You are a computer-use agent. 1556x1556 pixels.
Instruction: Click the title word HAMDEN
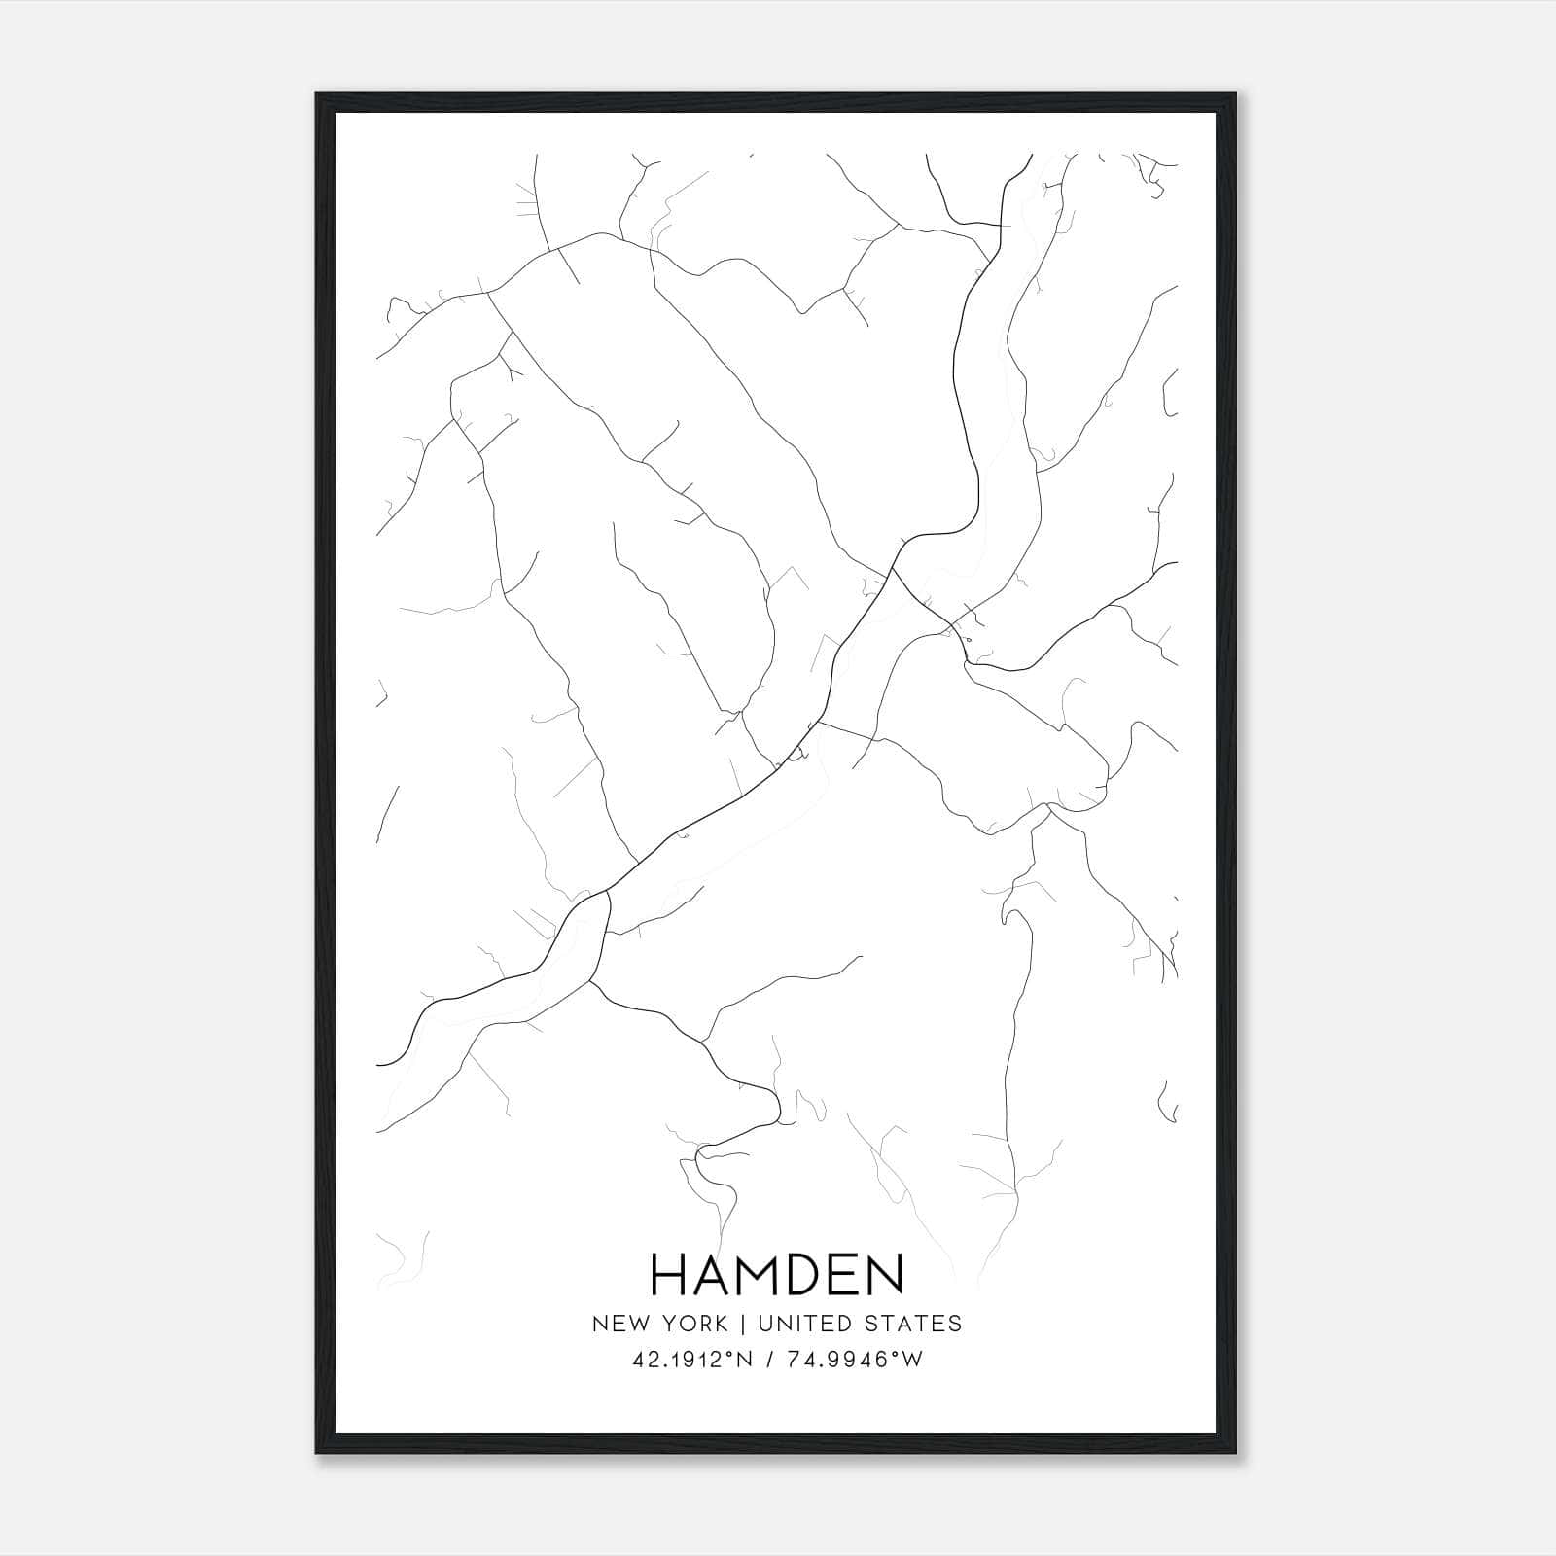point(777,1274)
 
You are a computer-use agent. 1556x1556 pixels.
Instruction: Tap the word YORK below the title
point(691,1324)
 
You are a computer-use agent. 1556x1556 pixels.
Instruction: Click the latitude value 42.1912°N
point(692,1361)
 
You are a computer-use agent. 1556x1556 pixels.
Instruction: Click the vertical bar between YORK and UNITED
point(742,1324)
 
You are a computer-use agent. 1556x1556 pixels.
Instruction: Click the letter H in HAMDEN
point(667,1274)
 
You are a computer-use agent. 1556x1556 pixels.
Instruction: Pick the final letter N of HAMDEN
point(885,1274)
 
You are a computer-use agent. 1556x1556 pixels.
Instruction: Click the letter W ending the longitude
point(912,1361)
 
